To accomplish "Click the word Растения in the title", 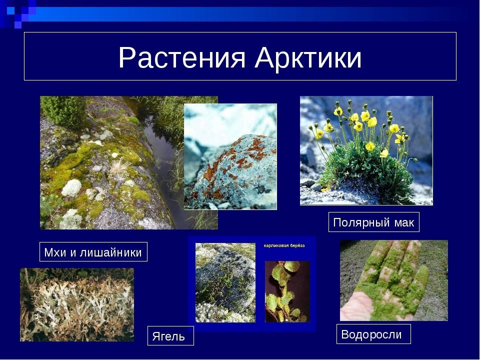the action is tap(182, 57).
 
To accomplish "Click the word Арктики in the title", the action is tap(308, 57).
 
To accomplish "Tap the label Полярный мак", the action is tap(374, 222).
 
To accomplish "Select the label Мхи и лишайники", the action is tap(93, 252).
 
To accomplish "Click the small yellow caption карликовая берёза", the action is tap(284, 245).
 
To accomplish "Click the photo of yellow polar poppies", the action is tap(366, 150).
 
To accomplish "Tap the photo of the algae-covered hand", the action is tap(393, 280).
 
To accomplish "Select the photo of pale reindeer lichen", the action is tap(77, 305).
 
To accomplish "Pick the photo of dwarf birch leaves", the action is tap(287, 291).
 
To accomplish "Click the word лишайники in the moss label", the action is tap(111, 252).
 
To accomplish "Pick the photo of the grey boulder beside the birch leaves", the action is tap(225, 282).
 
